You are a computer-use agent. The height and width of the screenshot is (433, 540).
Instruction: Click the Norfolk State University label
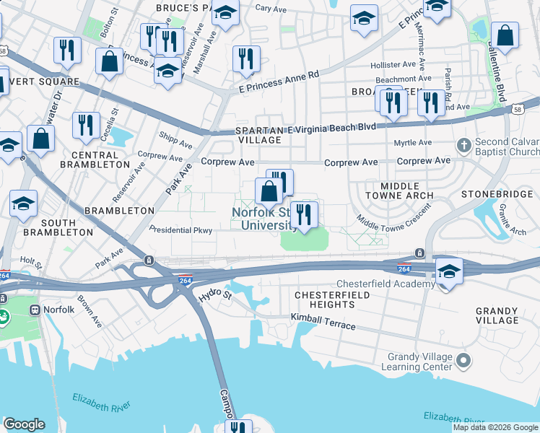[x=264, y=219]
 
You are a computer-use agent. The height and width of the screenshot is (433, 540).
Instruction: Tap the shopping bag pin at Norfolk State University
[x=269, y=193]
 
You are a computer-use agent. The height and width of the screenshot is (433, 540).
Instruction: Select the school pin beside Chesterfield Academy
[x=448, y=272]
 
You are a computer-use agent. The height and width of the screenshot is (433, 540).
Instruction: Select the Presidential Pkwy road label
[x=180, y=230]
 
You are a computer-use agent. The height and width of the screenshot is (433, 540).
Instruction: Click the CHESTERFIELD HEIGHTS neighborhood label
[x=332, y=299]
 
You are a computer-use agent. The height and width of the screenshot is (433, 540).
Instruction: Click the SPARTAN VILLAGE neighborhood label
[x=260, y=135]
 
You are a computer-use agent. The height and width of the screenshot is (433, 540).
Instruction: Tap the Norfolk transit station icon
[x=34, y=310]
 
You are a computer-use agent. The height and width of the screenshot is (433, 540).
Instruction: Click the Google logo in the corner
[x=24, y=424]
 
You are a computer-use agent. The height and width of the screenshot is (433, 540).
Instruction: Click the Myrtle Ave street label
[x=414, y=143]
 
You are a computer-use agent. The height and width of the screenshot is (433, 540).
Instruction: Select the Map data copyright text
[x=495, y=427]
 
